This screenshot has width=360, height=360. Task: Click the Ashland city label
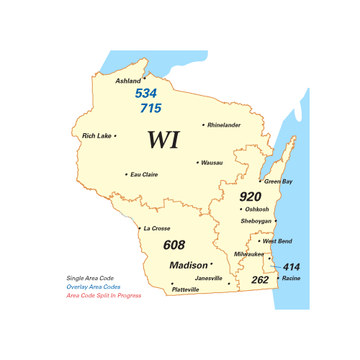[x=128, y=81]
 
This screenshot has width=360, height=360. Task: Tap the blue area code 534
[x=146, y=94]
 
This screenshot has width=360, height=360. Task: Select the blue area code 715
[x=150, y=108]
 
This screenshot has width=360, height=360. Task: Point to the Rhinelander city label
[x=224, y=125]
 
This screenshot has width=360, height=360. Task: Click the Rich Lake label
[x=97, y=135]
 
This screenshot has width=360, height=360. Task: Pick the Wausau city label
[x=212, y=163]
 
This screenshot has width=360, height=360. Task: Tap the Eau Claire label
[x=144, y=174]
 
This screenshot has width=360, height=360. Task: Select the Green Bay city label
[x=279, y=181]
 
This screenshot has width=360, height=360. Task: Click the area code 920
[x=251, y=196]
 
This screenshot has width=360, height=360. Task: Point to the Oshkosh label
[x=257, y=210]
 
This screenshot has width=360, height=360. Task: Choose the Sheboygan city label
[x=256, y=221]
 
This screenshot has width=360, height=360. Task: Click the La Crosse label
[x=157, y=228]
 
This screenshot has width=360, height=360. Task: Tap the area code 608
[x=174, y=245]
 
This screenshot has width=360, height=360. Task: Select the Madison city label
[x=188, y=265]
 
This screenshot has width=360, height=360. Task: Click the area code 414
[x=291, y=266]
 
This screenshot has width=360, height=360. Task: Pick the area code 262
[x=260, y=279]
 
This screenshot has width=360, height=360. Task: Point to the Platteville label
[x=186, y=289]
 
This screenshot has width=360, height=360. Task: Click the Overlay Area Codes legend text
[x=94, y=287]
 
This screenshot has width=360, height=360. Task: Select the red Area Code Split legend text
[x=104, y=295]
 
